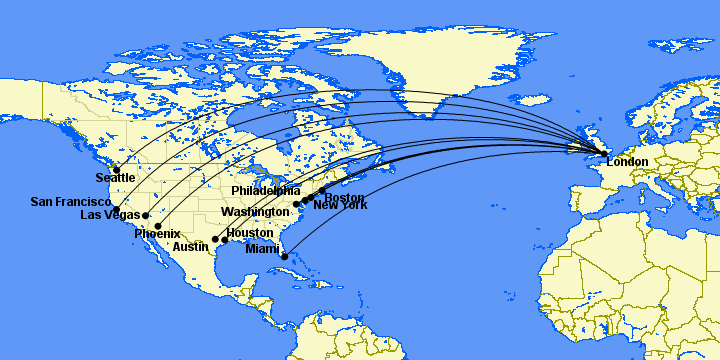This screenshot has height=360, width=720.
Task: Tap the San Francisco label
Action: (70, 202)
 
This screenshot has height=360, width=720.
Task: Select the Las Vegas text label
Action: (109, 215)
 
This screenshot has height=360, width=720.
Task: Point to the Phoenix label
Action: (157, 234)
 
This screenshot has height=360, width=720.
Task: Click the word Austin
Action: (191, 246)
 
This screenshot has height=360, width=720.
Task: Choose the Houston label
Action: (249, 233)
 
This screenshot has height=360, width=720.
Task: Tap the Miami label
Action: (262, 249)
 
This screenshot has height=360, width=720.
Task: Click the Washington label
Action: (255, 212)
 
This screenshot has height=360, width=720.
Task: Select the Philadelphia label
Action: (265, 190)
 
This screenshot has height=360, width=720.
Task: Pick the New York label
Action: (340, 206)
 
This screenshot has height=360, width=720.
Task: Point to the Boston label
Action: (344, 198)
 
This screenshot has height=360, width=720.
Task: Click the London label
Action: (627, 162)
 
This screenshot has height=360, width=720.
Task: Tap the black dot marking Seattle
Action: (116, 169)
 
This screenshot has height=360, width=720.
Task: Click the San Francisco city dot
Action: (116, 210)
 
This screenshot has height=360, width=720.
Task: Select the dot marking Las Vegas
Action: (146, 215)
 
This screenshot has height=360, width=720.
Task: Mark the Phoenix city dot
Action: (158, 226)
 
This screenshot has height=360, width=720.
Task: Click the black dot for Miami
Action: (285, 257)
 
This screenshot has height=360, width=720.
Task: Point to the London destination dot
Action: (603, 154)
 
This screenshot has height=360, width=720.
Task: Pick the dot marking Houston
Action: (224, 240)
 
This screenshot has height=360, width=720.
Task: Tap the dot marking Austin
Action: (215, 240)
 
